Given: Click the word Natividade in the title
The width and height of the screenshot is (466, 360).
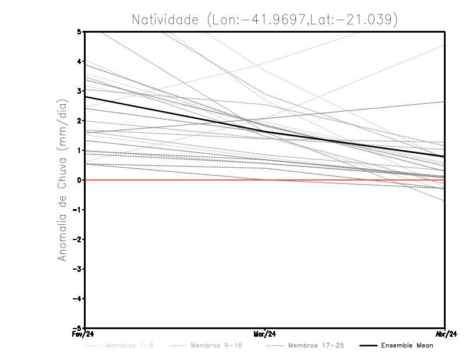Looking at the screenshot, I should coord(165,20).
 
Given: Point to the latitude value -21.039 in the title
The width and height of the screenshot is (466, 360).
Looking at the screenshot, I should coord(368,20).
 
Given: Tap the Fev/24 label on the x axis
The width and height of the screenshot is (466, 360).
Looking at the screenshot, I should coord(84,334).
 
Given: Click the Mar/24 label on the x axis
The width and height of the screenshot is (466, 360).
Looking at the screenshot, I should coord(265,334).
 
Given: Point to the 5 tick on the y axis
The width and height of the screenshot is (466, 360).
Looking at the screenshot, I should coord(79,31).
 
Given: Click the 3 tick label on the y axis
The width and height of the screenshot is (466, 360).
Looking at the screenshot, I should coord(79,91).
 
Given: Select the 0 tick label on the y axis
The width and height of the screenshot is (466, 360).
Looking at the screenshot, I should coord(79,180).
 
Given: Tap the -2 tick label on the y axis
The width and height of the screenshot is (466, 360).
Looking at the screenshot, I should coord(77,239).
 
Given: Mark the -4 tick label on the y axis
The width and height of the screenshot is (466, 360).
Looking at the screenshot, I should coord(77,298).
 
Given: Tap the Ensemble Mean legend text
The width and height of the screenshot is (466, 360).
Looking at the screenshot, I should coord(407,345).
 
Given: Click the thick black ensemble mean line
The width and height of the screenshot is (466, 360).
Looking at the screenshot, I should coord(175,114).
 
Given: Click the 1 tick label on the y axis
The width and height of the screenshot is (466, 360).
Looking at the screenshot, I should coord(79,150).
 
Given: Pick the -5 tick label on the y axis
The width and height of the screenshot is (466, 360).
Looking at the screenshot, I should coord(77,327).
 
